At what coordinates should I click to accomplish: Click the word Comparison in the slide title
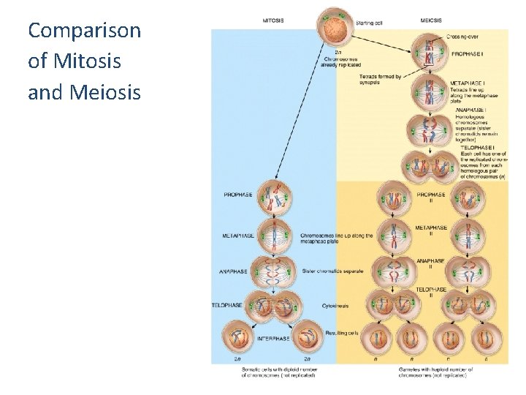click(84, 31)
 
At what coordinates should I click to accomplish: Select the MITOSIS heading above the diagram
click(273, 20)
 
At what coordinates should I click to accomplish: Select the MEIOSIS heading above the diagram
click(430, 20)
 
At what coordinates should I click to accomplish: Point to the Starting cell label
click(369, 23)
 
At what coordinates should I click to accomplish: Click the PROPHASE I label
click(468, 54)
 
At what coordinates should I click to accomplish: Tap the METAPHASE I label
click(468, 83)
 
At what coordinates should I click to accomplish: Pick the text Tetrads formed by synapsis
click(380, 80)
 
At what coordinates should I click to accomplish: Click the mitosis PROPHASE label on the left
click(238, 195)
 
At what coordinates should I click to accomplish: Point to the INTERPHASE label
click(273, 339)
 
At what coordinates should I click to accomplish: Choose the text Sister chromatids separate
click(332, 271)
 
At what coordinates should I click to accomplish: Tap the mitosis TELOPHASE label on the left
click(228, 305)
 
